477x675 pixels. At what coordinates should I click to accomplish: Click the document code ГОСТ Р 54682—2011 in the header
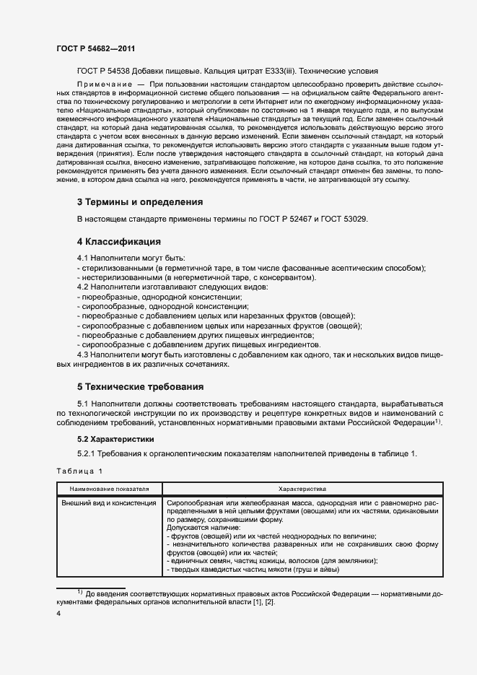[x=96, y=48]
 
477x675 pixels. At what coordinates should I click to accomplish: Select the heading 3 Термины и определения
[x=139, y=201]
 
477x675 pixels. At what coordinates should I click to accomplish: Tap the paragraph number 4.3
[x=84, y=354]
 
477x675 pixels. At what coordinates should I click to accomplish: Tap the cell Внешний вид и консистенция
[x=108, y=502]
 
